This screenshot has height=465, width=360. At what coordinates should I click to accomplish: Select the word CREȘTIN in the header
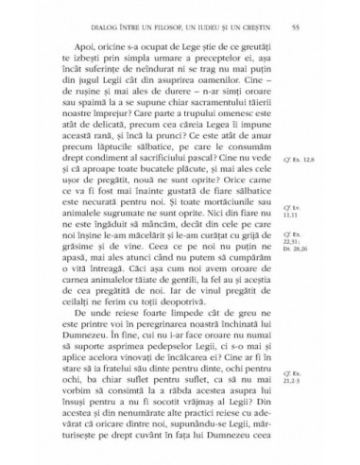(x=253, y=10)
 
